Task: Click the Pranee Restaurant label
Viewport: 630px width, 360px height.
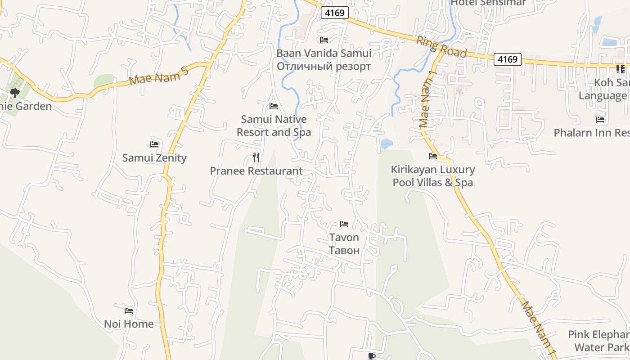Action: point(256,171)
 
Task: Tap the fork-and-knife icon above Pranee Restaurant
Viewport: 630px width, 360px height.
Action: point(256,157)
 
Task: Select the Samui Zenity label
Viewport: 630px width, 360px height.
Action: point(154,158)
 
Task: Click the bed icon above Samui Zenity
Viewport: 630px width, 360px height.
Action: point(154,144)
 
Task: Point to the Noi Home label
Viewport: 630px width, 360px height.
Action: point(129,324)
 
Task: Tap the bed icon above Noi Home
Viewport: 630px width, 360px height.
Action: point(129,310)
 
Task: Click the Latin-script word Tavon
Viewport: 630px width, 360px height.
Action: point(344,237)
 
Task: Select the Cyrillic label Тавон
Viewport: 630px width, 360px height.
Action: point(344,250)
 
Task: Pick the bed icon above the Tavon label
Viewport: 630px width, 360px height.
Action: point(344,224)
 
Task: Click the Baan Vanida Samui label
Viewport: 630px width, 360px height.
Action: point(324,53)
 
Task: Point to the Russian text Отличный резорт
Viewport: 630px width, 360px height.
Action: point(324,66)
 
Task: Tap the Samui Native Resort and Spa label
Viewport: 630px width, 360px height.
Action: point(274,126)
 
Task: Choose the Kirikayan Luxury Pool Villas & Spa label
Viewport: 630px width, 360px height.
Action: point(433,176)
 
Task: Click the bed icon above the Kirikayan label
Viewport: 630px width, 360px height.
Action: point(433,156)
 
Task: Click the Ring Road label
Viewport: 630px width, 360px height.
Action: point(441,47)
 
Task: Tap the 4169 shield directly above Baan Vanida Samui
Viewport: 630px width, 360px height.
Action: point(335,13)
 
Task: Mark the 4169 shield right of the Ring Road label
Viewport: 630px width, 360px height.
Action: point(507,59)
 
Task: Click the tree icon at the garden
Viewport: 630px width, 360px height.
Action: point(15,93)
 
